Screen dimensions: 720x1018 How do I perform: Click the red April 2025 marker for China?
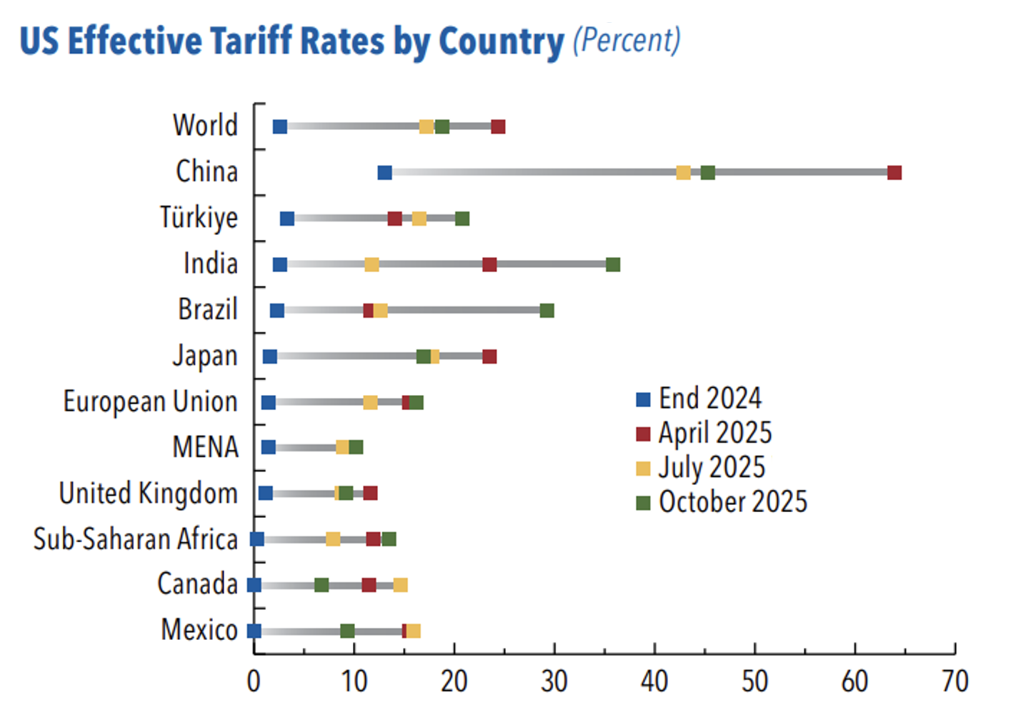click(x=894, y=173)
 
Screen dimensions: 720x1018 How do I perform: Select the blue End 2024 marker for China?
click(x=384, y=173)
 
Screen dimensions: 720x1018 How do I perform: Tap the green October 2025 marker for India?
click(x=613, y=265)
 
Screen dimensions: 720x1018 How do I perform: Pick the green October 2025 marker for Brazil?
click(x=547, y=311)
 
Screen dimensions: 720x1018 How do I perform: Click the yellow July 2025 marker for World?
click(x=426, y=127)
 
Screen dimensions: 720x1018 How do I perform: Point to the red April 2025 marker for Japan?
click(x=489, y=356)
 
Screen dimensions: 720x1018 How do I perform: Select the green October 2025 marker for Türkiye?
click(x=462, y=219)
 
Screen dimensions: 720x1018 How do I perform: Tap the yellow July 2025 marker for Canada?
click(x=401, y=586)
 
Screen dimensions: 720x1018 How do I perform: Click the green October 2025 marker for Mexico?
click(x=347, y=631)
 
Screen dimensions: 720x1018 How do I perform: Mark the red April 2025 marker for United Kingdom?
click(x=370, y=494)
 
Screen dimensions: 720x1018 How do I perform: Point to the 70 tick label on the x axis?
click(x=954, y=682)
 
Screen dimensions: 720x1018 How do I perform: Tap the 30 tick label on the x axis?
click(x=554, y=682)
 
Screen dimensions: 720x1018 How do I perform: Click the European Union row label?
click(x=150, y=401)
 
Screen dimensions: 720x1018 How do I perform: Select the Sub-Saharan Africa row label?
click(x=135, y=539)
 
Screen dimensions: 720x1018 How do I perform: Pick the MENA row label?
click(x=205, y=448)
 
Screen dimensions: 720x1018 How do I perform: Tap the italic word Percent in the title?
click(x=627, y=40)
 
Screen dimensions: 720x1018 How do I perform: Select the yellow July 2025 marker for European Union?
click(x=370, y=402)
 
